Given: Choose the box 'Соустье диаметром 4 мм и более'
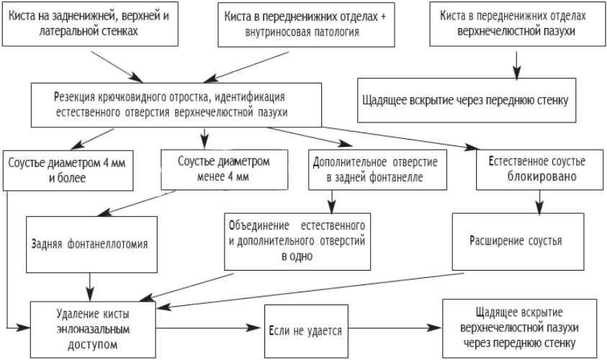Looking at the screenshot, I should (68, 168).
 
